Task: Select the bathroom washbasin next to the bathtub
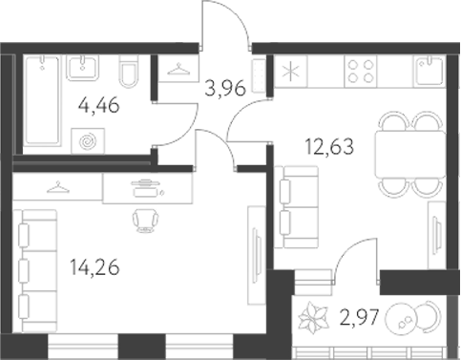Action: coord(82,68)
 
